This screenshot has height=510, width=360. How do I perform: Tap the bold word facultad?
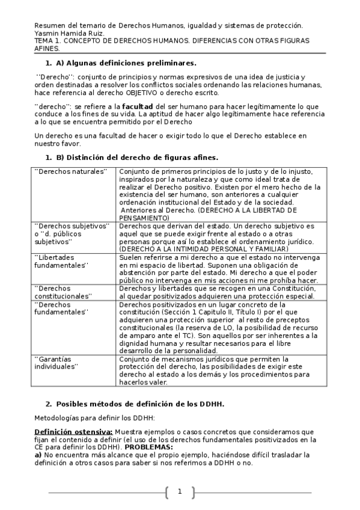(x=130, y=106)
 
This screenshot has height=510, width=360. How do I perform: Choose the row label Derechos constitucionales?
(x=64, y=292)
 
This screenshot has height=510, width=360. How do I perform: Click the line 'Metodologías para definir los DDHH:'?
(x=94, y=417)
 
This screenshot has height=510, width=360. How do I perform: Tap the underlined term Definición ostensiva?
(x=73, y=432)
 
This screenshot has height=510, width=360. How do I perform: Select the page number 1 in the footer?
(x=179, y=493)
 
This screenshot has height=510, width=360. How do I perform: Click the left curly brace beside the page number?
(x=166, y=493)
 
